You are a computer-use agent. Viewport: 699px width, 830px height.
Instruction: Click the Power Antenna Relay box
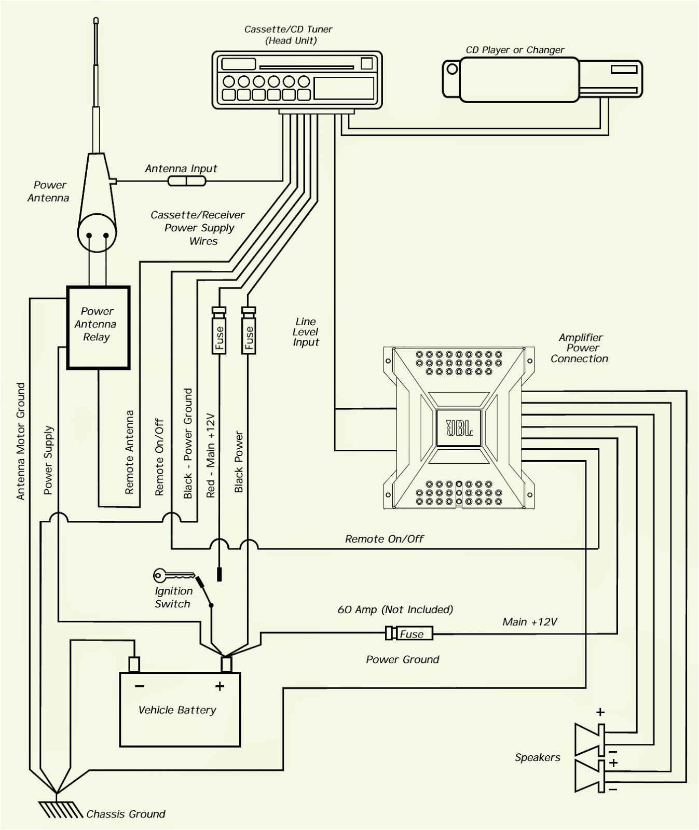click(x=98, y=327)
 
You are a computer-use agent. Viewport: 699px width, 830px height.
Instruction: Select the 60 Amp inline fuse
click(x=410, y=633)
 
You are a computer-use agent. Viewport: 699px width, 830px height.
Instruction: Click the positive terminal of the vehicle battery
click(x=226, y=665)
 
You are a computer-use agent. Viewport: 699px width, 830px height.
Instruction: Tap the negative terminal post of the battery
click(x=134, y=665)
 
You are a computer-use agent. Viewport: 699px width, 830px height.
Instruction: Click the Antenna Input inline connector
click(x=187, y=181)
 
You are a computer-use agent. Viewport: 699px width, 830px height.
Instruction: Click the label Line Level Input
click(x=306, y=332)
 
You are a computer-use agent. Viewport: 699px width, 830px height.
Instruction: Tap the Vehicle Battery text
click(x=177, y=710)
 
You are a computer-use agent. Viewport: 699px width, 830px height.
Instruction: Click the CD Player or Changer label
click(x=515, y=50)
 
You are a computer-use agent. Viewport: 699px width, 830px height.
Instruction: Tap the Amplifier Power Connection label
click(x=580, y=348)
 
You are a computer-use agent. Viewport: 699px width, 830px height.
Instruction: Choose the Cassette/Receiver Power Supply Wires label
click(x=198, y=228)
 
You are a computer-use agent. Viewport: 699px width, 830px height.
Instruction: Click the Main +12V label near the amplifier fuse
click(x=529, y=621)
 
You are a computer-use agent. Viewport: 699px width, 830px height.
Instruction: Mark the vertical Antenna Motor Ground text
click(x=21, y=441)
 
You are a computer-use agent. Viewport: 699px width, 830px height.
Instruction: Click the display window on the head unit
click(x=344, y=88)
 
